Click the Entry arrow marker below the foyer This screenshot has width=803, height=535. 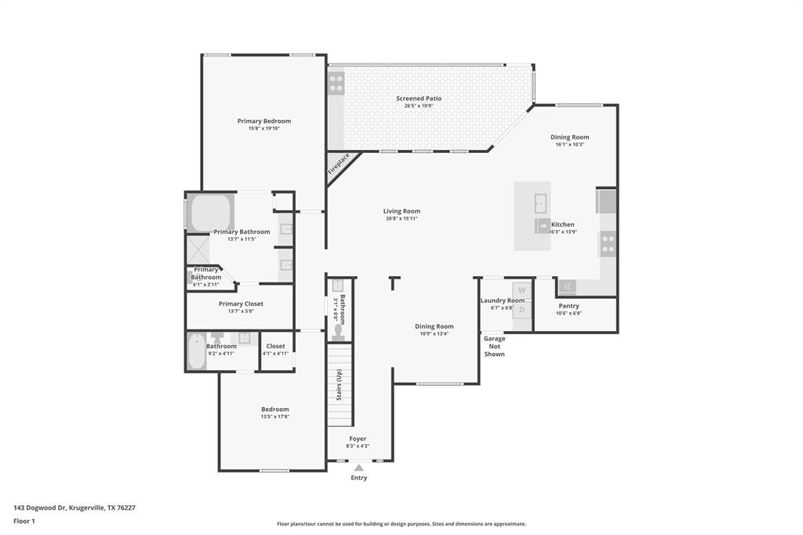tap(358, 468)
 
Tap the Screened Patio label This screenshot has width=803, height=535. tap(419, 99)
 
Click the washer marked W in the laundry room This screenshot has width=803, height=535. tap(523, 290)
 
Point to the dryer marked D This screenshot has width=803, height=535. tap(523, 309)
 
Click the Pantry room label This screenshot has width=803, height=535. tap(569, 306)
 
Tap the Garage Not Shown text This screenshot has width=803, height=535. tap(494, 346)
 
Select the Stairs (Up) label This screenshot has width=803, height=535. tap(340, 384)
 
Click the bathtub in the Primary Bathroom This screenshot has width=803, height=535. tap(210, 212)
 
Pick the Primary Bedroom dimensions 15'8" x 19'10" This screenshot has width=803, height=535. tap(264, 128)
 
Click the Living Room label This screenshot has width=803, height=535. tap(401, 211)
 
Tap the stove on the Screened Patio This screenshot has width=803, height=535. tap(336, 82)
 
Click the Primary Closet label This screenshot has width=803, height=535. tap(241, 304)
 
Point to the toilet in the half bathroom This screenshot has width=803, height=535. tap(339, 332)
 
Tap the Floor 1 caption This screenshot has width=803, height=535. tap(24, 521)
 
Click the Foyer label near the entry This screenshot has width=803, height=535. tap(358, 439)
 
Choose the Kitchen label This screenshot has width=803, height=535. tap(563, 224)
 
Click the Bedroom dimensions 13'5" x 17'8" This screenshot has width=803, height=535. tap(275, 417)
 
